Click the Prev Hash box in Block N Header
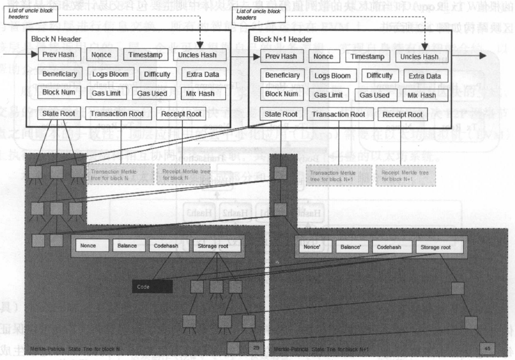tap(59, 55)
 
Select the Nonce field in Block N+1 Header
tap(323, 56)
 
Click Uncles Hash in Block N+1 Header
tap(422, 56)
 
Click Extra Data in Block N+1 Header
tap(426, 76)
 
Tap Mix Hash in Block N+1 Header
tap(421, 95)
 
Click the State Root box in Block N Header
tap(59, 113)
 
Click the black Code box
tap(152, 287)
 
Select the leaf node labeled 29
tap(256, 348)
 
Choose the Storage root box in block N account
tap(216, 246)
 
